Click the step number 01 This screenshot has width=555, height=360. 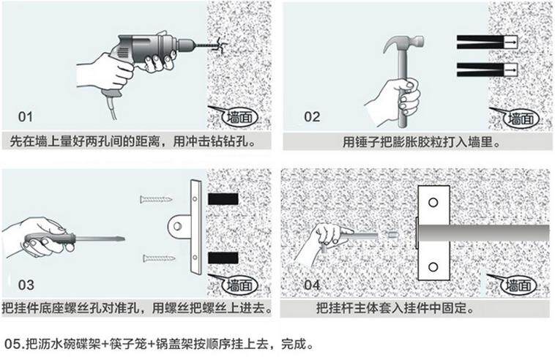[x=26, y=116]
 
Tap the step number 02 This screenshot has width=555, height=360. [x=313, y=116]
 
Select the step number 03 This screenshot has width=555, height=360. [x=26, y=285]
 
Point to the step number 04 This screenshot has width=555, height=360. [x=313, y=285]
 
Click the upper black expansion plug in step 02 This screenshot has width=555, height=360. [x=487, y=42]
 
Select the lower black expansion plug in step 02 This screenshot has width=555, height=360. [x=487, y=70]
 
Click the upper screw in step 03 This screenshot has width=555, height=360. [x=157, y=198]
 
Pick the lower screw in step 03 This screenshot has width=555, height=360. [x=157, y=257]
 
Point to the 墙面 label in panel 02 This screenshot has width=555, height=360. [x=519, y=118]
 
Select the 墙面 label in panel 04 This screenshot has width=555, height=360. [x=519, y=285]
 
